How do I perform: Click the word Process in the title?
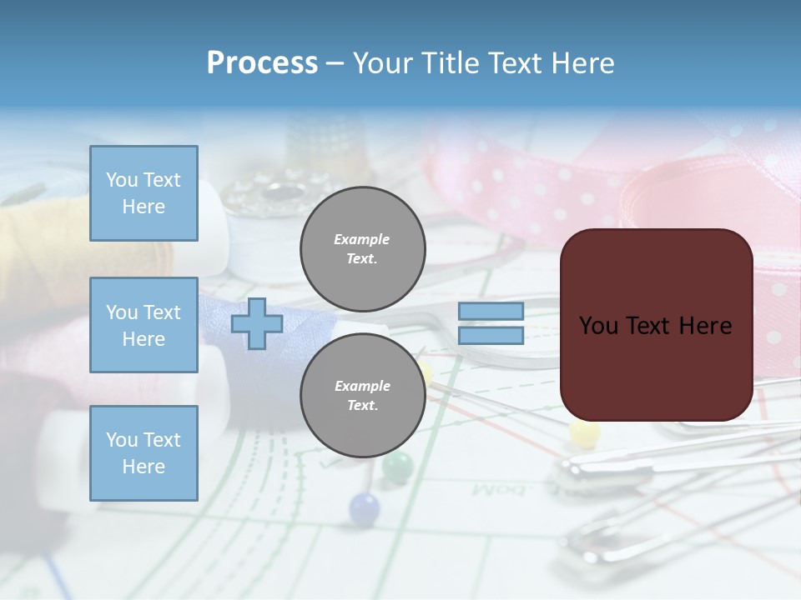tap(262, 63)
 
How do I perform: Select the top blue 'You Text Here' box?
tap(144, 193)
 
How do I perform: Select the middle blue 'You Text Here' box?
tap(144, 325)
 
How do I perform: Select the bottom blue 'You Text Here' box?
tap(144, 452)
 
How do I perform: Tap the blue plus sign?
tap(257, 323)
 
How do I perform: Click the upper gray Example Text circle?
tap(362, 249)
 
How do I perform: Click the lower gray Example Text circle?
tap(362, 396)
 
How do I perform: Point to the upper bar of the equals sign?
tap(491, 311)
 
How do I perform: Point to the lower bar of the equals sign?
tap(491, 335)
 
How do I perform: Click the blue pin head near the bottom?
tap(364, 507)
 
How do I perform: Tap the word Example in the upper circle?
tap(362, 239)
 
